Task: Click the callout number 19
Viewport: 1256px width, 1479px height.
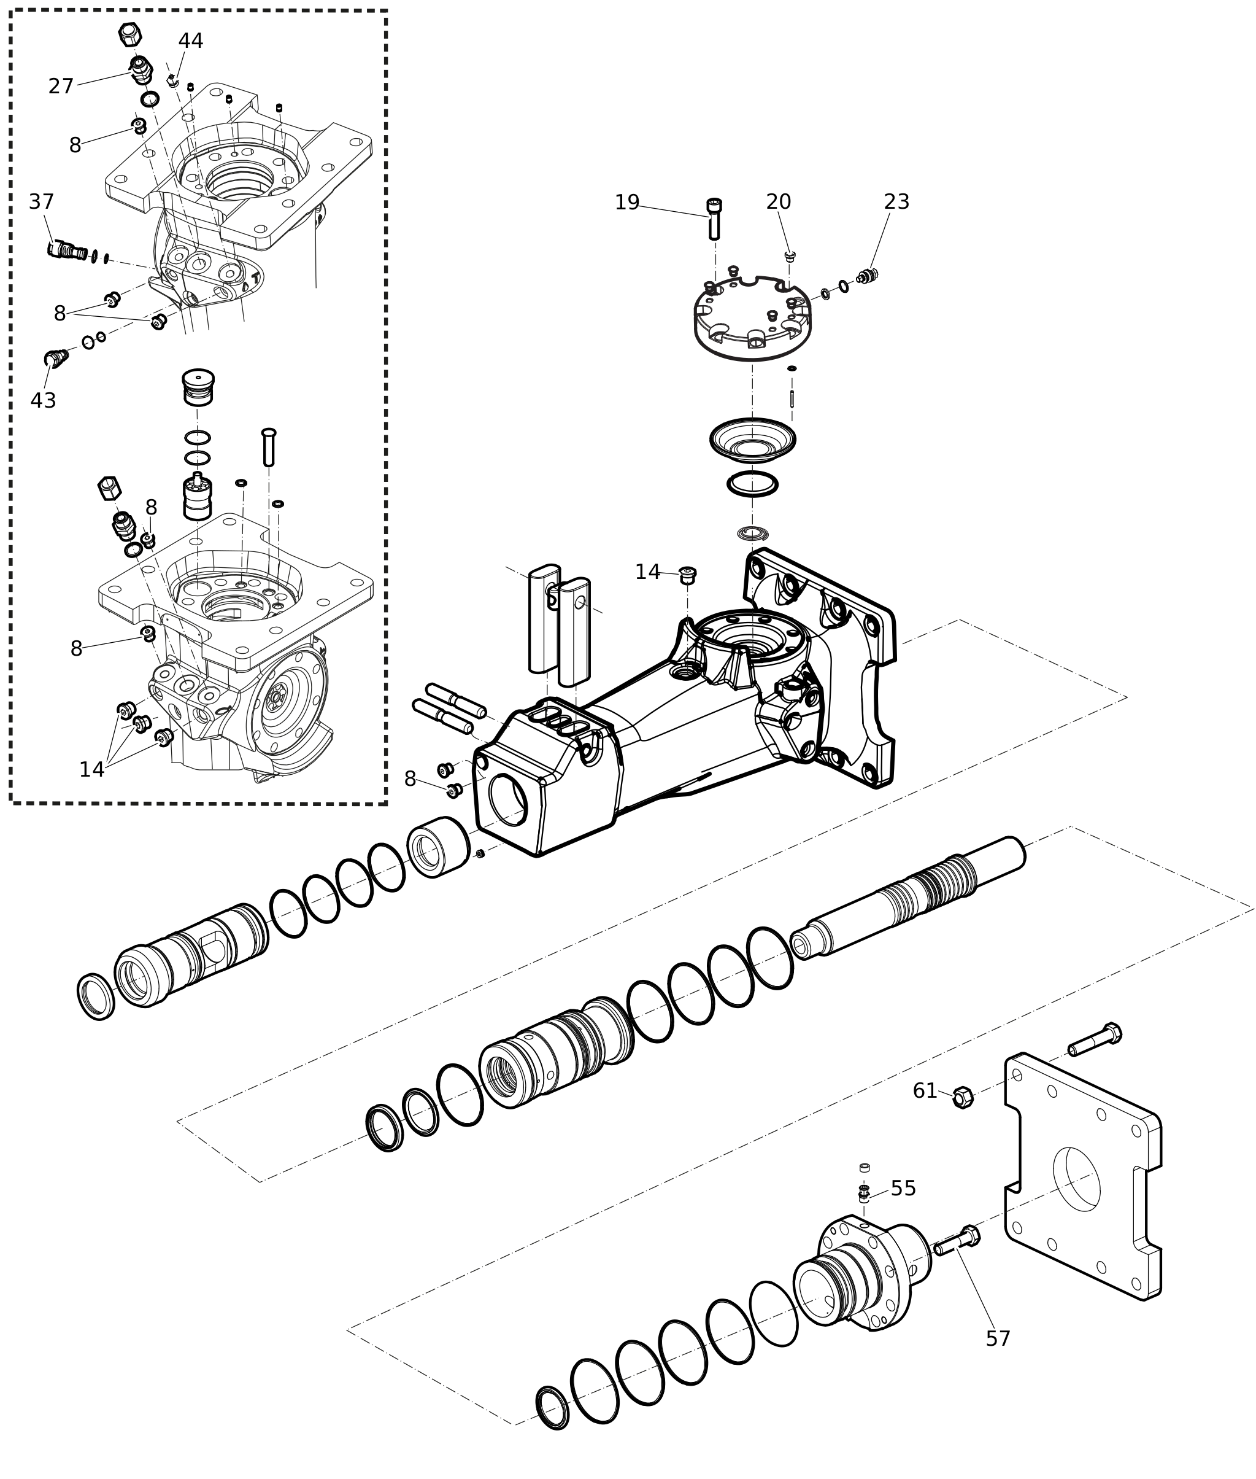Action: (626, 203)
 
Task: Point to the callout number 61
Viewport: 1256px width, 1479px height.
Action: (925, 1091)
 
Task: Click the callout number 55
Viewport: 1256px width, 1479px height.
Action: (903, 1189)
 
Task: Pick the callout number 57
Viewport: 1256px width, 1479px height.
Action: (998, 1338)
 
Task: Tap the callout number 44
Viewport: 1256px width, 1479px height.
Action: (190, 41)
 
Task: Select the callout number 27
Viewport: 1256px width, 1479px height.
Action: (61, 86)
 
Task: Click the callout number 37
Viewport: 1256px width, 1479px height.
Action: (41, 201)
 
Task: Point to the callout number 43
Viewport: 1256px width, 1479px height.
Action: (43, 400)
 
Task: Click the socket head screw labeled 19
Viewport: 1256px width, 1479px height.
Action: (714, 218)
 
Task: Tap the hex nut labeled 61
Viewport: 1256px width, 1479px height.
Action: (963, 1097)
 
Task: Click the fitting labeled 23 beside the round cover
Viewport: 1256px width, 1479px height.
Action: (867, 276)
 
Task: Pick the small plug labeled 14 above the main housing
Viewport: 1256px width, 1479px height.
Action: (687, 575)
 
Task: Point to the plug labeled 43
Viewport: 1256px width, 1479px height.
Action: (56, 358)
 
